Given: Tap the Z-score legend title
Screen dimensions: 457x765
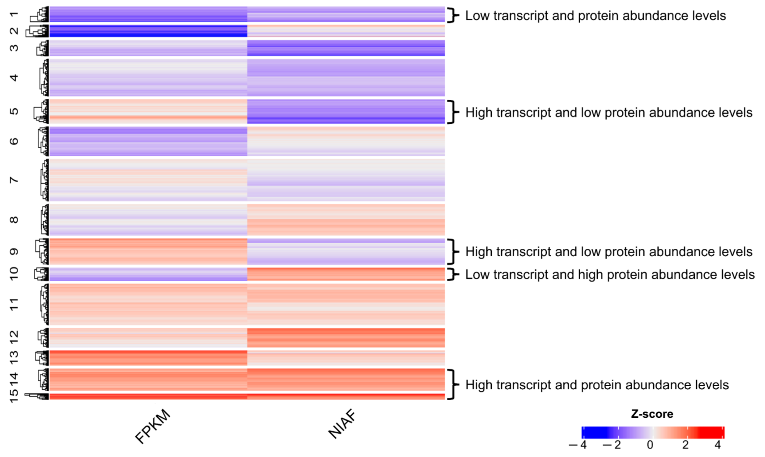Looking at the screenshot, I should pyautogui.click(x=652, y=414).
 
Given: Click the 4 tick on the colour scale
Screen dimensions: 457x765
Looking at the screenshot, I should pyautogui.click(x=718, y=445).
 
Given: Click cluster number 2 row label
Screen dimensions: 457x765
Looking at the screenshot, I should pyautogui.click(x=14, y=31).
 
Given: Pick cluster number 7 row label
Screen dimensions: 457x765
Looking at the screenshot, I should pyautogui.click(x=14, y=180).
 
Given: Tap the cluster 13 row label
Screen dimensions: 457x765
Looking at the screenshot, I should pyautogui.click(x=14, y=358).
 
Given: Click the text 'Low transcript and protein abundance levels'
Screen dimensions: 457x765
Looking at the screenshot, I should pyautogui.click(x=595, y=16).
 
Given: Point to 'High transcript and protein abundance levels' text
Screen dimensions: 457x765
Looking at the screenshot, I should pyautogui.click(x=597, y=385).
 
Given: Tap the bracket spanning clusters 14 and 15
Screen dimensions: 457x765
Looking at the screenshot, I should pyautogui.click(x=452, y=384).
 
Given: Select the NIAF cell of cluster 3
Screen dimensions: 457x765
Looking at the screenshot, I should pyautogui.click(x=346, y=48).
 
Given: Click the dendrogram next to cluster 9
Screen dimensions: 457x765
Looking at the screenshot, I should pyautogui.click(x=42, y=251).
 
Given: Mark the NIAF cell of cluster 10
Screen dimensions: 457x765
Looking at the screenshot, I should pyautogui.click(x=346, y=274).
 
